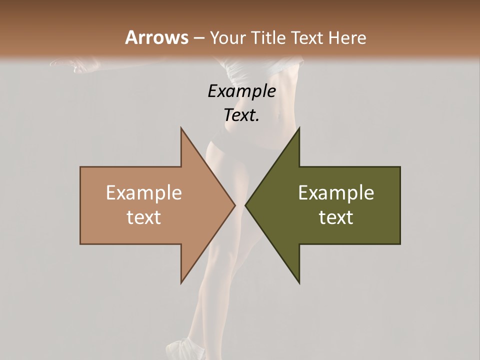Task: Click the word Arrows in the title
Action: [156, 37]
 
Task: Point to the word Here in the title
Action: [348, 37]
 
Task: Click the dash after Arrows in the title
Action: [198, 38]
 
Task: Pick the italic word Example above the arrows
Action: [241, 91]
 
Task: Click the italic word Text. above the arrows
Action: [241, 115]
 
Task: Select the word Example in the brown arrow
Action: [144, 193]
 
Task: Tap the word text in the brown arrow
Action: [144, 217]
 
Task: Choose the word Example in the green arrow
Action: [336, 193]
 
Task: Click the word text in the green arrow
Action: [336, 217]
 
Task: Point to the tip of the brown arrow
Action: [235, 205]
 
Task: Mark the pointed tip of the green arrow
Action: [245, 205]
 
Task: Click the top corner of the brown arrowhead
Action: [181, 127]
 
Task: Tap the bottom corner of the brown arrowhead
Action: [181, 283]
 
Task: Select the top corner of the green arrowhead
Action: [299, 127]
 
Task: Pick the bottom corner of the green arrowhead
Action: [299, 283]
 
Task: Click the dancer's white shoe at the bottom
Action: [181, 348]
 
